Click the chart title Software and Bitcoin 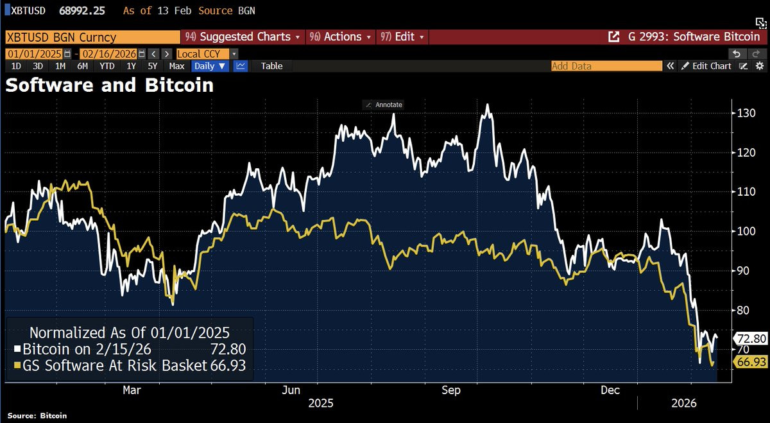click(x=110, y=85)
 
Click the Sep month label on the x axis click(x=452, y=390)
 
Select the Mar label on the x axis click(x=132, y=390)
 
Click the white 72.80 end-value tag click(x=751, y=338)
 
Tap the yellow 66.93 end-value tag click(x=751, y=362)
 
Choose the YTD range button click(x=107, y=66)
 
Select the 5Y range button click(x=153, y=66)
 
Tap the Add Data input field click(x=606, y=66)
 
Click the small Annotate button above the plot click(x=383, y=105)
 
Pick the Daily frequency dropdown click(x=209, y=66)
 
